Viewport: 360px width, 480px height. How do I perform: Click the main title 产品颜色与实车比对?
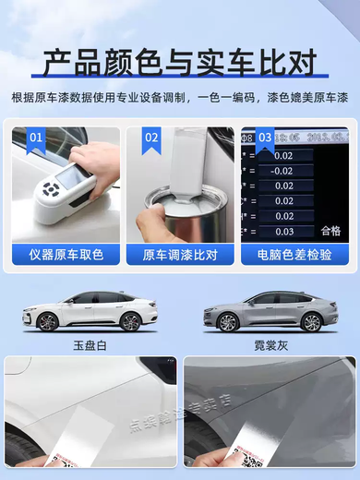180,61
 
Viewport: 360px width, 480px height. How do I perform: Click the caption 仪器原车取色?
66,254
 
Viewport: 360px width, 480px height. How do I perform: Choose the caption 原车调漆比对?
180,254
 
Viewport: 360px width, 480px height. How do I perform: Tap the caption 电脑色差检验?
294,254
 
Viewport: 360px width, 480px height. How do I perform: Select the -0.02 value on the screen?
282,171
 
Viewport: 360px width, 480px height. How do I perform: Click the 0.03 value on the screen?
283,232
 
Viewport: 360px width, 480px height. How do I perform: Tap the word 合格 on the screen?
330,231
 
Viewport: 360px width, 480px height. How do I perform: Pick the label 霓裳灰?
271,343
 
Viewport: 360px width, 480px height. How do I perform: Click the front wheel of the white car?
47,321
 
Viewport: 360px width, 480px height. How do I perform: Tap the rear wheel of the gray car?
312,322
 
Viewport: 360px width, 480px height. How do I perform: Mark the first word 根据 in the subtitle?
20,98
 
